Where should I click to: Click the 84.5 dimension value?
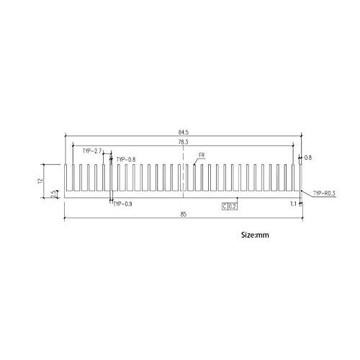(x=183, y=132)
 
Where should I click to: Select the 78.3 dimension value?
(x=183, y=143)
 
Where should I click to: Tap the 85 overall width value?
(x=183, y=214)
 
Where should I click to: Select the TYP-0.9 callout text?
(x=124, y=204)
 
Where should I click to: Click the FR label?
(x=202, y=156)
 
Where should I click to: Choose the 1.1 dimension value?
(x=293, y=204)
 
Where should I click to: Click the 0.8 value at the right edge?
(x=308, y=157)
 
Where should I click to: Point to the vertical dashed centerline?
(x=184, y=176)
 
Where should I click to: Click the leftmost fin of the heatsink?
(x=66, y=177)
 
